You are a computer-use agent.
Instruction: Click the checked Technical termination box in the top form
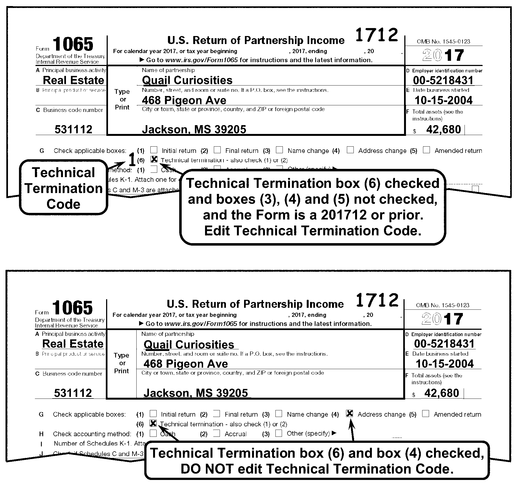tap(154, 159)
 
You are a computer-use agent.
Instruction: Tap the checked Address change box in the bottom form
tap(350, 413)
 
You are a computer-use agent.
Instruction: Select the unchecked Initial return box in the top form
tap(154, 150)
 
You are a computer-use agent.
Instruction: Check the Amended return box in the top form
tap(426, 150)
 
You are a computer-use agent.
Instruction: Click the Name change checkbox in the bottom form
tap(279, 413)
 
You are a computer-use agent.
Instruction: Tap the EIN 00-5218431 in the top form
tap(443, 80)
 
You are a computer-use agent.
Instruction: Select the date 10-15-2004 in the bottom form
tap(445, 364)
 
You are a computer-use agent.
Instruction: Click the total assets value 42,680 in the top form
tap(443, 130)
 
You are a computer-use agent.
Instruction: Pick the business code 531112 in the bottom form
tap(73, 393)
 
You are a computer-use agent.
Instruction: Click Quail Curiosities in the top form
tap(187, 80)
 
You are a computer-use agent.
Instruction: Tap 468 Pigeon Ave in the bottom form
tap(186, 364)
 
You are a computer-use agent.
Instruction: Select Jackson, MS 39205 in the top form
tap(194, 130)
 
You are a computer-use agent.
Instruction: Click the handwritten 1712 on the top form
tap(377, 35)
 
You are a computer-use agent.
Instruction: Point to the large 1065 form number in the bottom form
tap(73, 308)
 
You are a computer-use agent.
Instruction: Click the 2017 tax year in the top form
tap(443, 55)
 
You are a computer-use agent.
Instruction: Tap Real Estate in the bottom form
tap(73, 344)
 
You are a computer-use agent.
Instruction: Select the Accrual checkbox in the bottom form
tap(217, 433)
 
